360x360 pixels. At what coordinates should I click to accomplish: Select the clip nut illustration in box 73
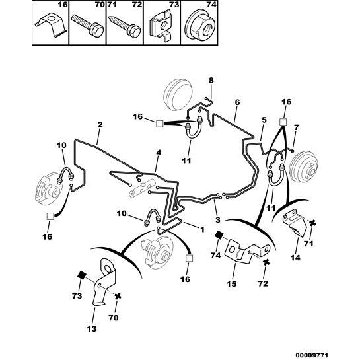tap(161, 26)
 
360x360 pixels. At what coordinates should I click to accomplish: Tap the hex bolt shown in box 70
tap(88, 25)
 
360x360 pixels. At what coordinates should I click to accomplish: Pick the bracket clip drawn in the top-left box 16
tap(52, 24)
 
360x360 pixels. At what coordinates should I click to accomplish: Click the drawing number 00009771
tap(311, 355)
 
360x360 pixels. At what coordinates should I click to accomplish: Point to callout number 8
tap(211, 81)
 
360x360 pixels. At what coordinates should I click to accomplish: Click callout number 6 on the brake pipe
tap(237, 102)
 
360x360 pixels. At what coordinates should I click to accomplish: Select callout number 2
tap(100, 124)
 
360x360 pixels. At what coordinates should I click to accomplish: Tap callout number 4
tap(159, 153)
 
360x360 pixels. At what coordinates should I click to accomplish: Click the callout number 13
tap(92, 329)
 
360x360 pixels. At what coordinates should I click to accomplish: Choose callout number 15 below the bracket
tap(231, 284)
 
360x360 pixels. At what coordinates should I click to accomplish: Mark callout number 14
tap(295, 258)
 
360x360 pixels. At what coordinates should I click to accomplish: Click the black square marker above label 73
tap(82, 275)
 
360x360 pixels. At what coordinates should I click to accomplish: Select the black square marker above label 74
tap(219, 235)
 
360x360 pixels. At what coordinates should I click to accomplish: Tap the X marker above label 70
tap(118, 296)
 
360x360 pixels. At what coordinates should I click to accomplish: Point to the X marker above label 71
tap(312, 223)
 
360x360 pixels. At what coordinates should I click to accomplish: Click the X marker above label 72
tap(266, 262)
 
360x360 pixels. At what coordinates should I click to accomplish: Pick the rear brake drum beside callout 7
tap(303, 166)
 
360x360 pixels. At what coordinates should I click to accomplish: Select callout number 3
tap(218, 220)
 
